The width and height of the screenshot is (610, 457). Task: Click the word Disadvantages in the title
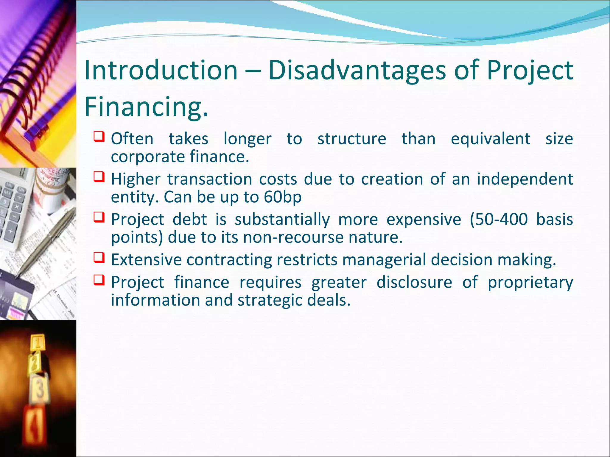[357, 71]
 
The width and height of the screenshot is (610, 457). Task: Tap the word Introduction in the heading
[161, 70]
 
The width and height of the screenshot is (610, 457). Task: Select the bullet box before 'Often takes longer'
[99, 137]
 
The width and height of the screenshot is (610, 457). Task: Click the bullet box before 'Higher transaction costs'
[99, 177]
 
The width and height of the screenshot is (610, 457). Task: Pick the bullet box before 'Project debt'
[99, 217]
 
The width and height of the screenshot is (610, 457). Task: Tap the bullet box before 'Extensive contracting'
[99, 257]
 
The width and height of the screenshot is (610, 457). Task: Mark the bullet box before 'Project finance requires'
[99, 280]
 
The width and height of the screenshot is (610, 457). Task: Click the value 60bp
[282, 197]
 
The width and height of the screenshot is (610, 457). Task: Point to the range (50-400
[499, 220]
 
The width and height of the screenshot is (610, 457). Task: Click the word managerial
[384, 260]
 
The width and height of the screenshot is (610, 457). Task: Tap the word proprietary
[530, 282]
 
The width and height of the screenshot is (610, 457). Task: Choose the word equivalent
[490, 139]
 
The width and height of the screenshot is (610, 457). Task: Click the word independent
[525, 179]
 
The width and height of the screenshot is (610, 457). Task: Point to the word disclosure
[414, 282]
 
